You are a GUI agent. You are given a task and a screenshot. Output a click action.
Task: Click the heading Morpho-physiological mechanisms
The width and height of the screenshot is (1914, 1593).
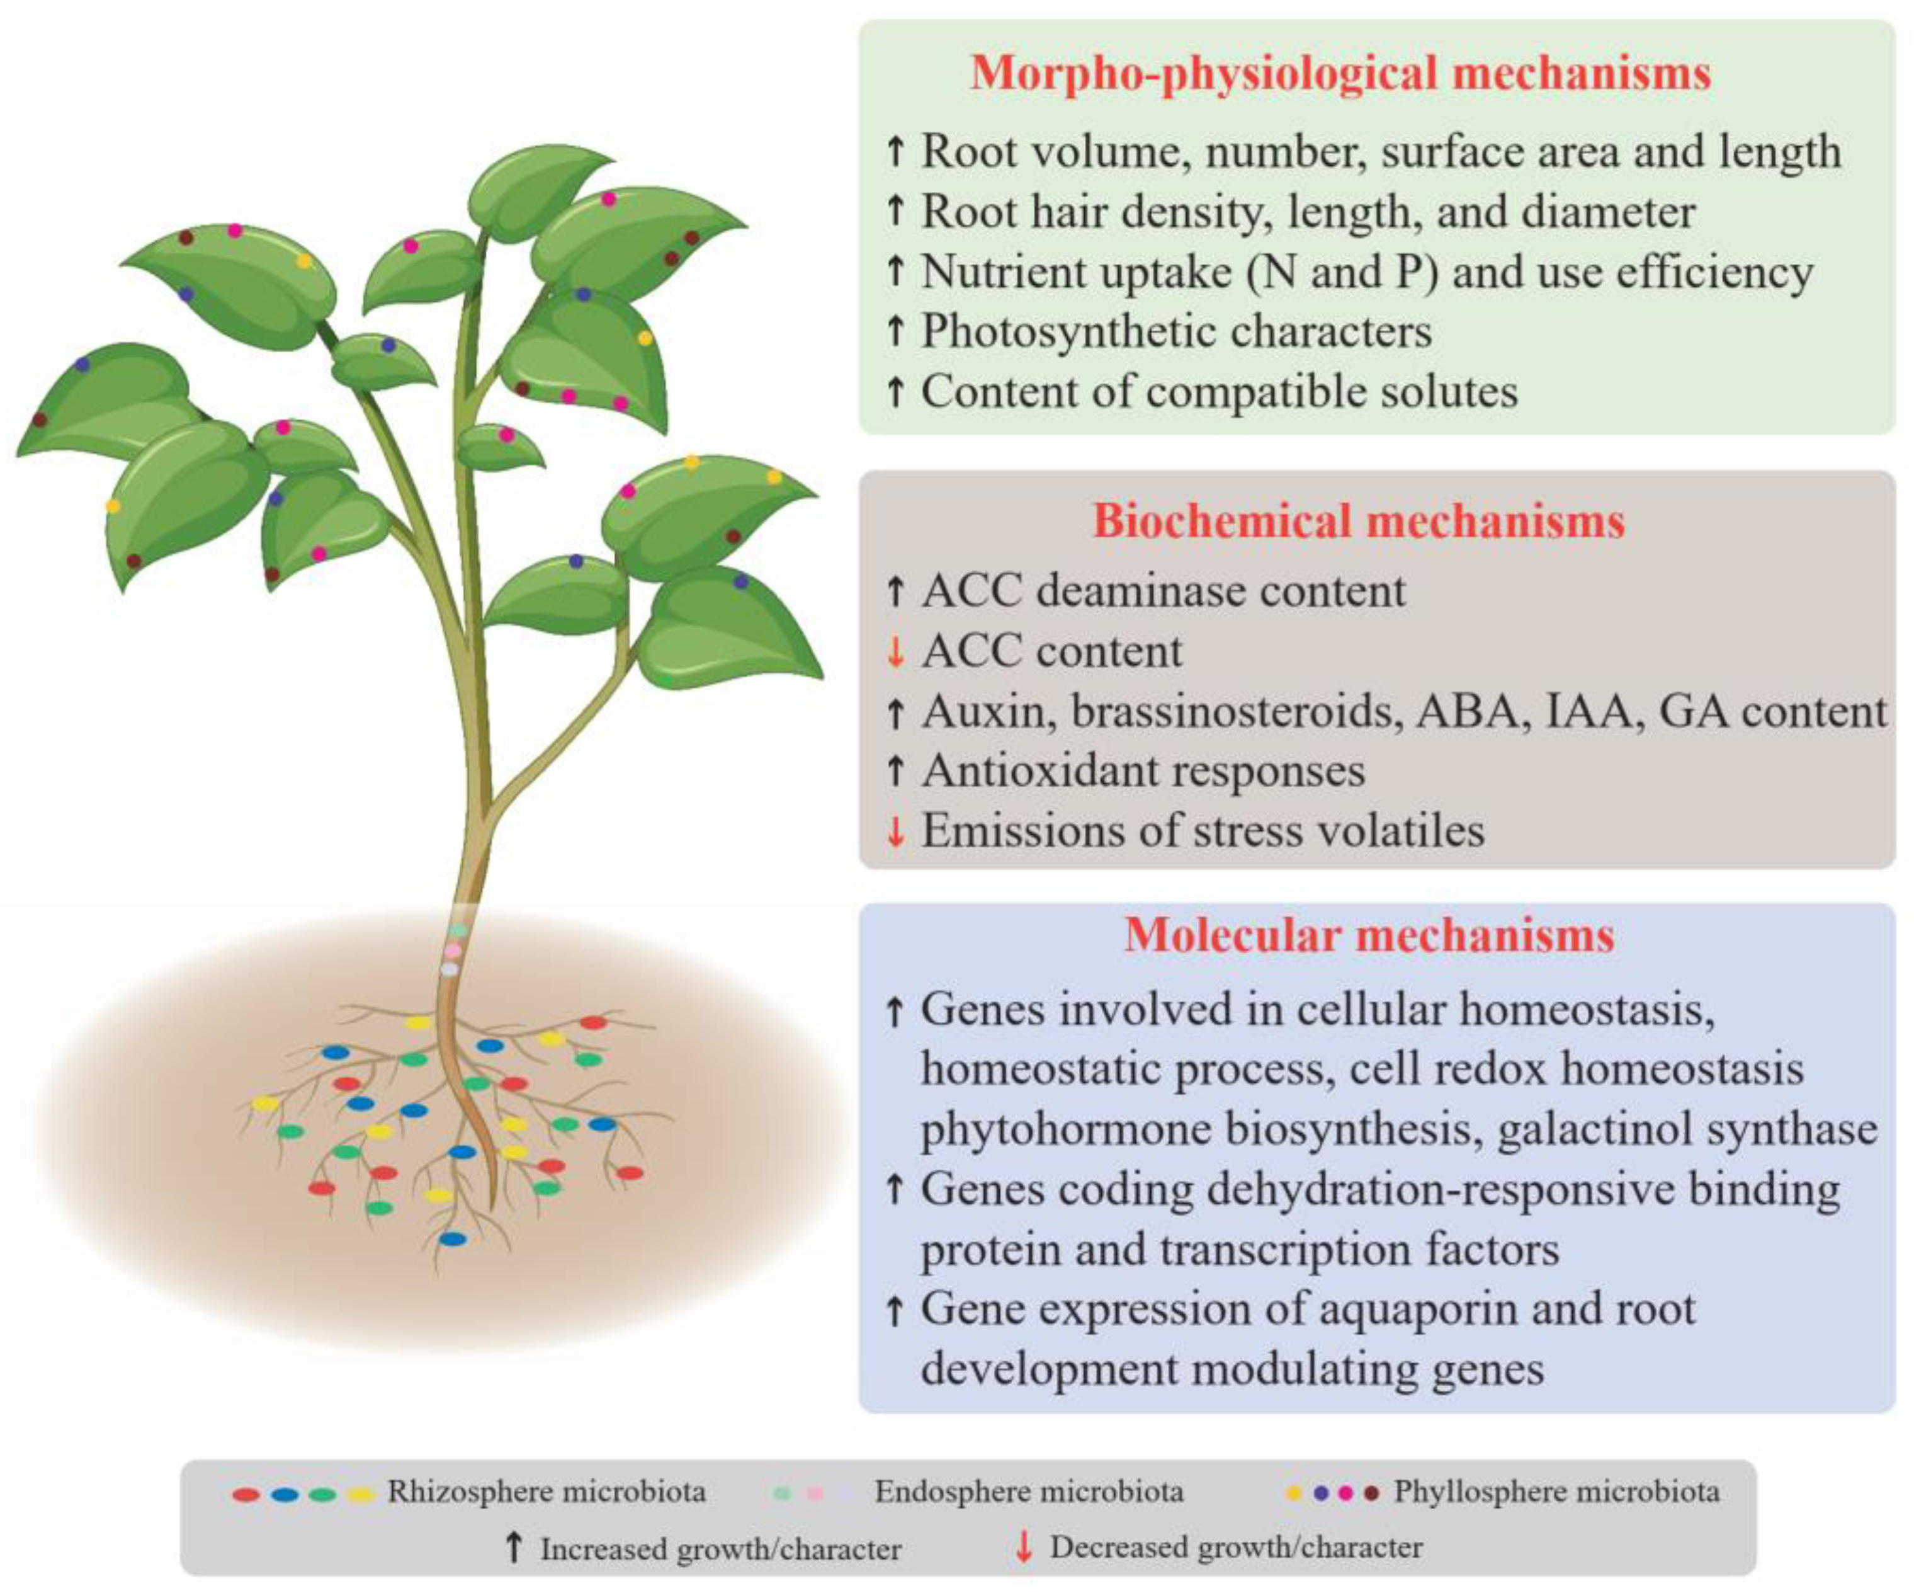pos(1340,73)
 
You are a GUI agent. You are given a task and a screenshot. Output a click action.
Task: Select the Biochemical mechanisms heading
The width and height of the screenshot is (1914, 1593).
pos(1358,522)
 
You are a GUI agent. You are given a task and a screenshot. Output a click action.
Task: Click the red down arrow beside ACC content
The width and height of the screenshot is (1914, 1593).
pos(896,652)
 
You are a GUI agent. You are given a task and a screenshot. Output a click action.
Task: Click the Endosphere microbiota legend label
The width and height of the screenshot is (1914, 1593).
pos(1028,1492)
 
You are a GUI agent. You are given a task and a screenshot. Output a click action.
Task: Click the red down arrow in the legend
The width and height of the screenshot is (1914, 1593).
pos(1024,1546)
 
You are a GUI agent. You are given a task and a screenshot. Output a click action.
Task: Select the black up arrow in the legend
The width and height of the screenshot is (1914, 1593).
pos(514,1546)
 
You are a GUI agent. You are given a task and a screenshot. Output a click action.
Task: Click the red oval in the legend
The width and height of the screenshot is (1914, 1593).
pos(246,1495)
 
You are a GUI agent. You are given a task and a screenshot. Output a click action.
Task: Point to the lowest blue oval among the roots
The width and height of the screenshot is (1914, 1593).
pos(453,1238)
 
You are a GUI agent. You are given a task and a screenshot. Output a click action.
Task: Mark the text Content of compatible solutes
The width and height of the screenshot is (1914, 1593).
pos(1218,392)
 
